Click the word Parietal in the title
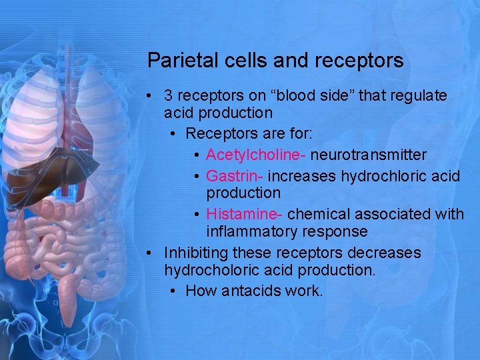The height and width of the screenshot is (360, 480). pyautogui.click(x=175, y=61)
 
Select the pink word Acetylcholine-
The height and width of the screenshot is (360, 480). pyautogui.click(x=256, y=155)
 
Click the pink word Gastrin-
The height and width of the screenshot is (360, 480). pyautogui.click(x=235, y=176)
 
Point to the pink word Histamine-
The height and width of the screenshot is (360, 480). pyautogui.click(x=245, y=214)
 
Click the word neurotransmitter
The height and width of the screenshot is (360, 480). pyautogui.click(x=369, y=155)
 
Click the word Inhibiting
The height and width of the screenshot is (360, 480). pyautogui.click(x=196, y=253)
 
